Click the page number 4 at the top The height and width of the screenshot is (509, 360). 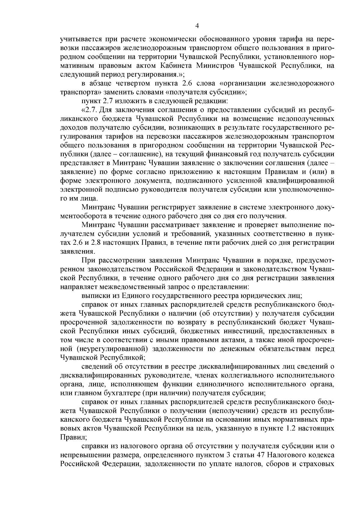[x=197, y=26]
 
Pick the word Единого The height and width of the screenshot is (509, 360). [x=135, y=296]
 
